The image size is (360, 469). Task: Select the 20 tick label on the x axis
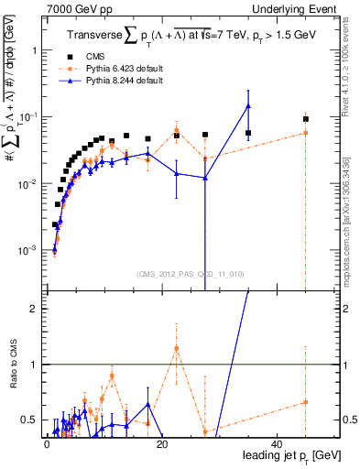(161, 443)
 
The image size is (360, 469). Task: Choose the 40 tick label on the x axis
(277, 443)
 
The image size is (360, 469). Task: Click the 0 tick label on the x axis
(46, 443)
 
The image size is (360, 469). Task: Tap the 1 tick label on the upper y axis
(35, 51)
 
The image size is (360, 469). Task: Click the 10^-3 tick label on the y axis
(29, 250)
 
